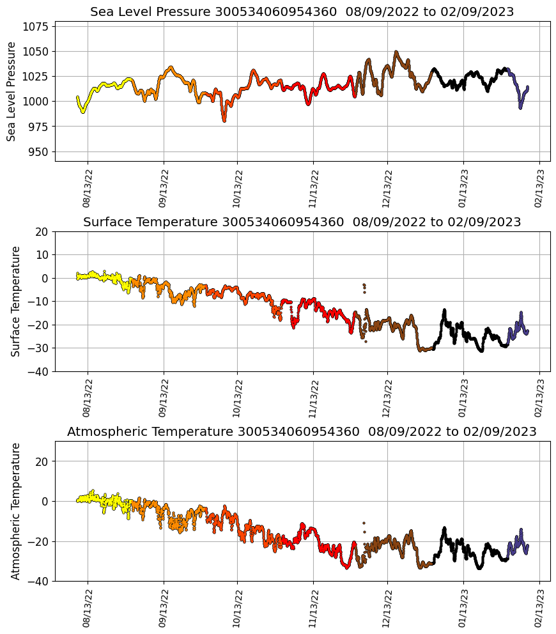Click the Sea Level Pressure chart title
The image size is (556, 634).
click(302, 12)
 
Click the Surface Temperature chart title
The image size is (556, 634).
click(302, 222)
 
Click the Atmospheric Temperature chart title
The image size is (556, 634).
click(302, 431)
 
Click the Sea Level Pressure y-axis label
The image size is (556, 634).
click(12, 91)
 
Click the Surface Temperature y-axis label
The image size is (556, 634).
click(16, 301)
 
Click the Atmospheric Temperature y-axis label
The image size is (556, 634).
click(16, 511)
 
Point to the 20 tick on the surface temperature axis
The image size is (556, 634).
click(43, 232)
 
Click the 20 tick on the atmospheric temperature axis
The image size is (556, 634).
click(43, 461)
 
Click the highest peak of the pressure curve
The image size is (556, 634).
click(396, 52)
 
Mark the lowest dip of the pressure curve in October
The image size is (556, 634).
click(224, 120)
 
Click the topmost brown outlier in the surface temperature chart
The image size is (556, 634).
click(364, 284)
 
